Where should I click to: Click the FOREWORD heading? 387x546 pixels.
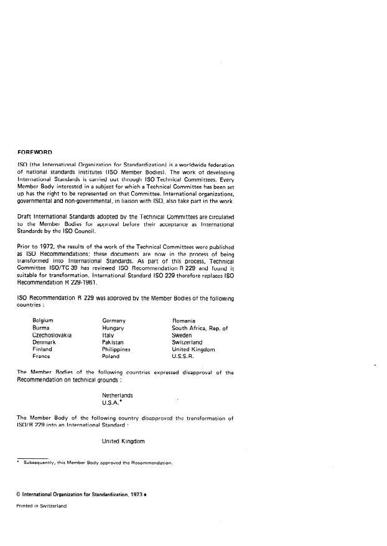34,152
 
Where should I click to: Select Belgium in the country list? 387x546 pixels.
42,320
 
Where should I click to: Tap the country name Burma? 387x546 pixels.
40,327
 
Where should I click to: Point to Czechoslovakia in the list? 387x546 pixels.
52,335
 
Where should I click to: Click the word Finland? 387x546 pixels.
42,349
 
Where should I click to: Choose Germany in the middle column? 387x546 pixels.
114,320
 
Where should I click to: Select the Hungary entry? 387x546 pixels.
113,327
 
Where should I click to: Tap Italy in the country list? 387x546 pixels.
108,335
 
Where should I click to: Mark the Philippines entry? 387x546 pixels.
116,349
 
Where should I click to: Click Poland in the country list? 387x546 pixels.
110,357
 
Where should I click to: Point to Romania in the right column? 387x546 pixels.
184,320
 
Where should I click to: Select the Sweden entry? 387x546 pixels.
182,335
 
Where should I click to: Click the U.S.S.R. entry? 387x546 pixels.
183,357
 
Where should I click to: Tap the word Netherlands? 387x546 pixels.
117,395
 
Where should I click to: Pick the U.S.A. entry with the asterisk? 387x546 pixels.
112,403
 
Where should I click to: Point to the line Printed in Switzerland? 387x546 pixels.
41,506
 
